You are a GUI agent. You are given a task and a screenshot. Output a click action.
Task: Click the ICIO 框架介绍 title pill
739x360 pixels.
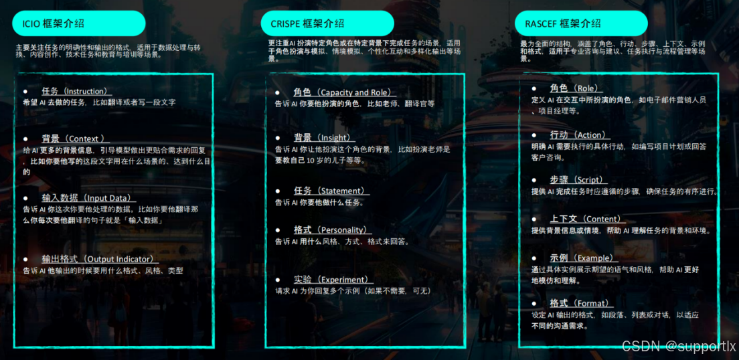78,23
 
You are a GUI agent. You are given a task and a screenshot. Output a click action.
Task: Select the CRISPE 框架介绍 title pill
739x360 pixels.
327,23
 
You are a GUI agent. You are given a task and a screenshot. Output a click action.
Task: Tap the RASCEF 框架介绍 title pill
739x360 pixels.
581,23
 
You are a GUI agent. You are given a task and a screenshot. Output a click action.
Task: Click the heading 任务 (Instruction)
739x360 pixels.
74,91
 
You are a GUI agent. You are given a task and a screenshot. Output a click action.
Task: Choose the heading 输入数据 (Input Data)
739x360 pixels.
88,198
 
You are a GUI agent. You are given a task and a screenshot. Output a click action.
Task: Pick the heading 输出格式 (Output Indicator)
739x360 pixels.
98,259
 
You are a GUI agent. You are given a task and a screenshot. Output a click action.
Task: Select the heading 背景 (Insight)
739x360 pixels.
331,138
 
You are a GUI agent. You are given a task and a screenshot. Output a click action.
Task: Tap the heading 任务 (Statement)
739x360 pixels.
331,191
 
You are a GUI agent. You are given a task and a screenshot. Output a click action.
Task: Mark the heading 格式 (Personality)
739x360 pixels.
332,230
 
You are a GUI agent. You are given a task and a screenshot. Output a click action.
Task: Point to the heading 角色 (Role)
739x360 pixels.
576,88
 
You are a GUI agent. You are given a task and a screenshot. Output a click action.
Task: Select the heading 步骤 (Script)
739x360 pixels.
578,180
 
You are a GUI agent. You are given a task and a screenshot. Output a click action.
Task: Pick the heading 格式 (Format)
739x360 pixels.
580,303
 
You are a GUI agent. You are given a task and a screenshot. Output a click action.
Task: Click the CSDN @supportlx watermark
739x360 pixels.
679,346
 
